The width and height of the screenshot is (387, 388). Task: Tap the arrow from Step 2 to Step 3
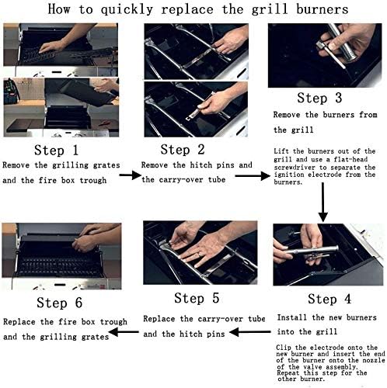(x=250, y=176)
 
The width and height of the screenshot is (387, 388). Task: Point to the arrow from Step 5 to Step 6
(x=121, y=332)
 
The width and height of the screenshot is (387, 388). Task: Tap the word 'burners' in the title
(x=312, y=10)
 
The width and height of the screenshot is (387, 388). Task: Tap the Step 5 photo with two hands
(x=200, y=251)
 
